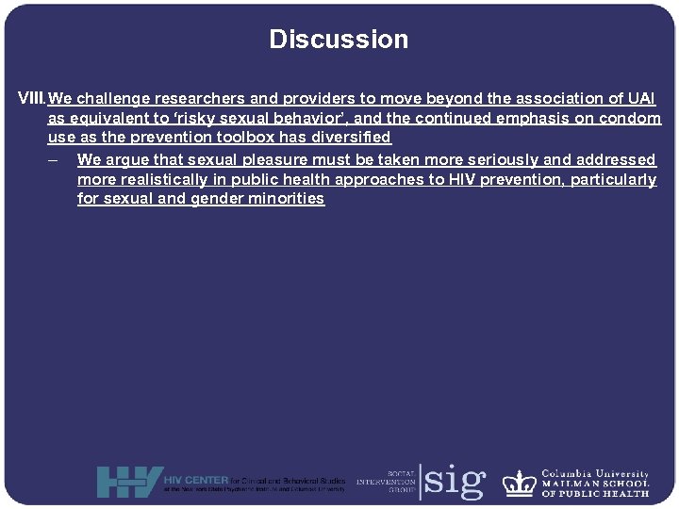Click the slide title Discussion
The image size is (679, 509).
[x=339, y=40]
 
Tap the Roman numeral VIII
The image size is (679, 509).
[x=32, y=98]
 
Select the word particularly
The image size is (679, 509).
[x=613, y=179]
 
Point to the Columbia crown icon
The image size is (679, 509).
[x=519, y=483]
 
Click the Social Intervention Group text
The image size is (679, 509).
[x=385, y=481]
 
